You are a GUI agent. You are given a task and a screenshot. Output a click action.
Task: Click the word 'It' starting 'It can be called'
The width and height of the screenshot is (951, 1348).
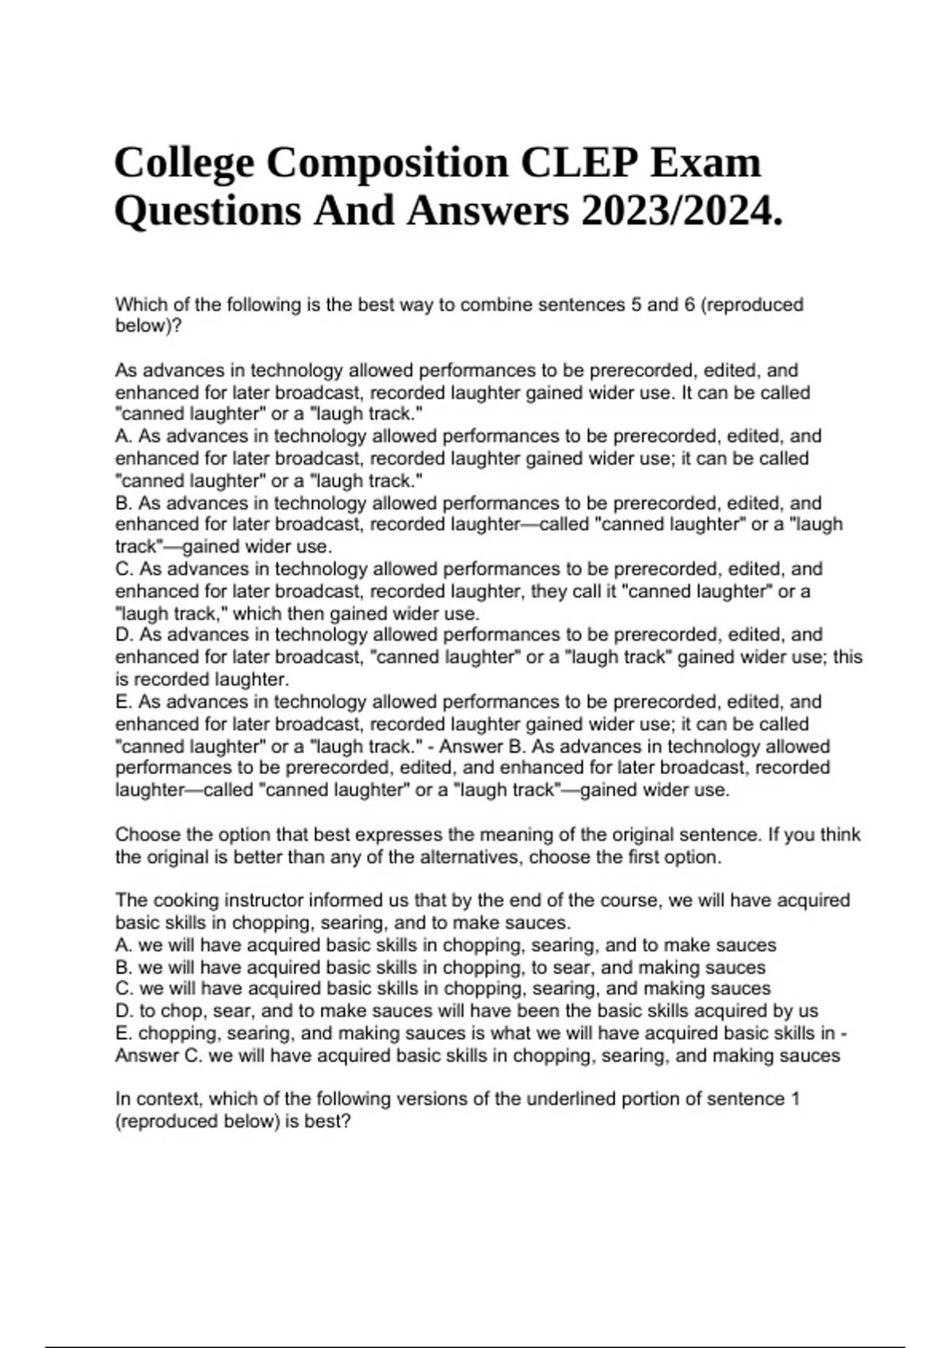[686, 393]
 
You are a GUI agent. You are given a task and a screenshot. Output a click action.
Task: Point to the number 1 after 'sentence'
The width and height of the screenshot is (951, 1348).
[795, 1099]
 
